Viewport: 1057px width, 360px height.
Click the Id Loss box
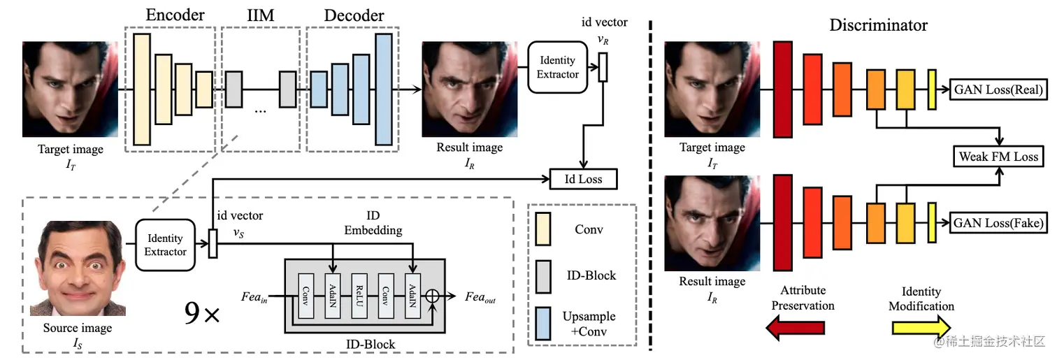point(584,179)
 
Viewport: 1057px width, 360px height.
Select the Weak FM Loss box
point(998,156)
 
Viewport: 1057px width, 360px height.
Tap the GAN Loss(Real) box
point(998,89)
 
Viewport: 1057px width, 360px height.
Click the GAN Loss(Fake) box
point(998,223)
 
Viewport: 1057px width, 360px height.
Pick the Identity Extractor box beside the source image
point(166,245)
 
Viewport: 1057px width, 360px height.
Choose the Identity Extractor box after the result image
point(558,68)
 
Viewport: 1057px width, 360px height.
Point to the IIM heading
point(261,15)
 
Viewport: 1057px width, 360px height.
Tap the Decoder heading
point(354,15)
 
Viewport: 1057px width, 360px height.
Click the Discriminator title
point(878,25)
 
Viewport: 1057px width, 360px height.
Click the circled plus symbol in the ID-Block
point(433,296)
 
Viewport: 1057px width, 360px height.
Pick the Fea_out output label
point(480,297)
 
